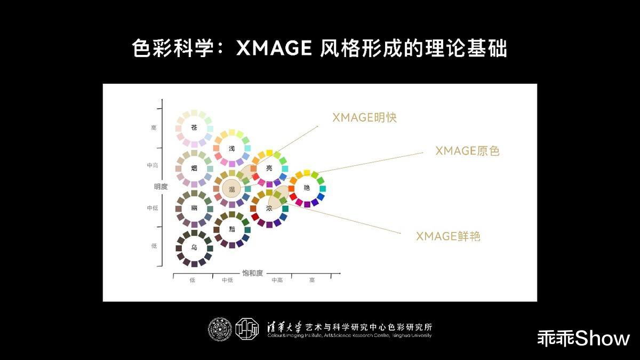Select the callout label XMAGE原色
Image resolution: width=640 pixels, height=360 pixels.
click(467, 151)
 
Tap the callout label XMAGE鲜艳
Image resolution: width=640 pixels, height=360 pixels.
click(448, 236)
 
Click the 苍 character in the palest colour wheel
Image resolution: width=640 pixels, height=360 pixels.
click(194, 128)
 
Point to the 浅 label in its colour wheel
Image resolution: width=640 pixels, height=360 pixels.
click(231, 148)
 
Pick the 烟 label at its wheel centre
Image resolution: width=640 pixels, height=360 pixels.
click(194, 168)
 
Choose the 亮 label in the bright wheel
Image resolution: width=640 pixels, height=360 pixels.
click(269, 168)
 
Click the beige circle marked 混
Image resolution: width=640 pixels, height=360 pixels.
click(231, 189)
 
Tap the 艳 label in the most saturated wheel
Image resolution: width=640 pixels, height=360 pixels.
click(307, 188)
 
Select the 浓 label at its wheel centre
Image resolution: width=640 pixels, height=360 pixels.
click(269, 208)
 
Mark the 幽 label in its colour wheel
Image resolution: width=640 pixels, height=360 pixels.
click(194, 208)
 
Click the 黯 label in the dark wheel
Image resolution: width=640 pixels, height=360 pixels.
click(231, 229)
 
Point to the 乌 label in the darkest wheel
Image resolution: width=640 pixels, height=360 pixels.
click(194, 248)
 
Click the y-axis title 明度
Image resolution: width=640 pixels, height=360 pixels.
click(161, 187)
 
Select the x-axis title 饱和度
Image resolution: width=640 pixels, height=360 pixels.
click(253, 273)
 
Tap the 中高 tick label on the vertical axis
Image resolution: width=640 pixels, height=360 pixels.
click(153, 166)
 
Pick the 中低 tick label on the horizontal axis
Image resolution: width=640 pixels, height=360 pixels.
click(228, 281)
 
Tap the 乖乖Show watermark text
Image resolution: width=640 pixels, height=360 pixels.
click(583, 338)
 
